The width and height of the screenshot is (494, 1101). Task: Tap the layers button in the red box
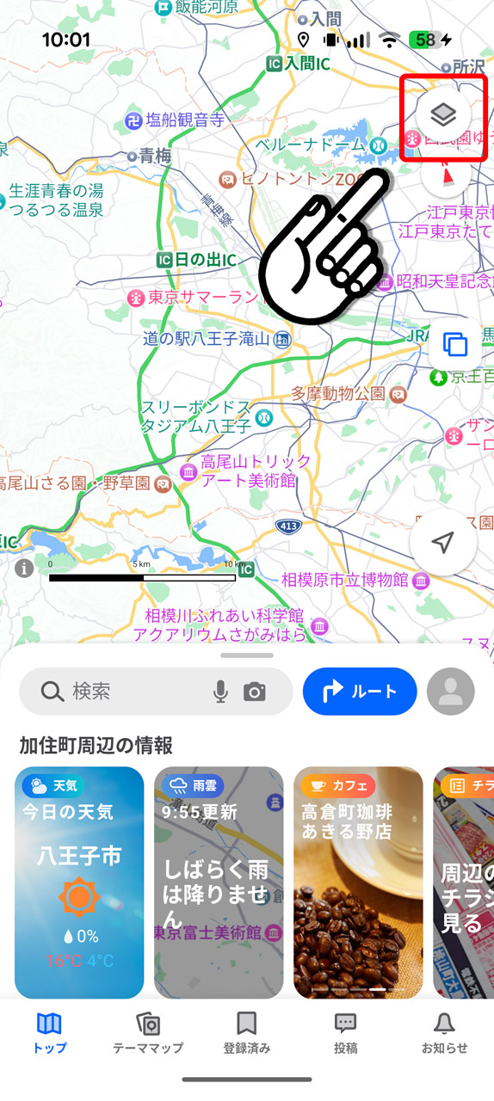[442, 114]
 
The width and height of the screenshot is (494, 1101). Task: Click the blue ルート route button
[360, 692]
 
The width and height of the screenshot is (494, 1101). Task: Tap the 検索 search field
[120, 692]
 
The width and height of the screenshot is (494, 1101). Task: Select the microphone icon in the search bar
[221, 692]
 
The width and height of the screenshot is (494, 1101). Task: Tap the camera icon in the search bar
[254, 692]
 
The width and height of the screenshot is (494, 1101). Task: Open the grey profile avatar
[450, 692]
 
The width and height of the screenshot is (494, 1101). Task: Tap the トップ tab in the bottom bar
[50, 1032]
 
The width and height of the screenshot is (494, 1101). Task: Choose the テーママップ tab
[148, 1032]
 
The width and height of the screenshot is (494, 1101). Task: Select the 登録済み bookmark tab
[247, 1032]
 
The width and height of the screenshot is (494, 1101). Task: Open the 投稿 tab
[345, 1032]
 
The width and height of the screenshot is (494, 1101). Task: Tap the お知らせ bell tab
[444, 1032]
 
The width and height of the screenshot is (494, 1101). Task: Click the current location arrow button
[442, 542]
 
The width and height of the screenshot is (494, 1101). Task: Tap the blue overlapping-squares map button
[454, 344]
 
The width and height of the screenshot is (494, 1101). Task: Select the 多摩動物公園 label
[337, 393]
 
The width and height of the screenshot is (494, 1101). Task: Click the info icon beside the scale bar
[24, 568]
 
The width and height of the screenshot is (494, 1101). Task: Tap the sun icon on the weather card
[79, 897]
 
